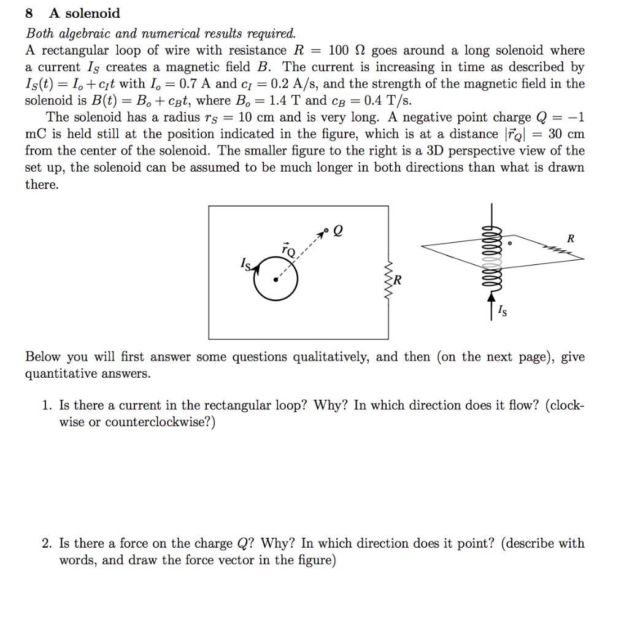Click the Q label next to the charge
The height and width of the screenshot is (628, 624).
click(339, 231)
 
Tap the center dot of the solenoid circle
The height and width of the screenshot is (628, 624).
click(275, 280)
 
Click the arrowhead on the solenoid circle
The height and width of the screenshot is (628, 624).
click(255, 269)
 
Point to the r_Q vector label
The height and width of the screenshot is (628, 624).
click(288, 250)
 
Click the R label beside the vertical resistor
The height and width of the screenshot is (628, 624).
click(398, 282)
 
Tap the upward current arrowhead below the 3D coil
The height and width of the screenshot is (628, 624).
click(491, 297)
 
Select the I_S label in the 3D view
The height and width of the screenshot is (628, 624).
click(503, 312)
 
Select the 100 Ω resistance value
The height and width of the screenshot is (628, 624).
click(346, 50)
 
